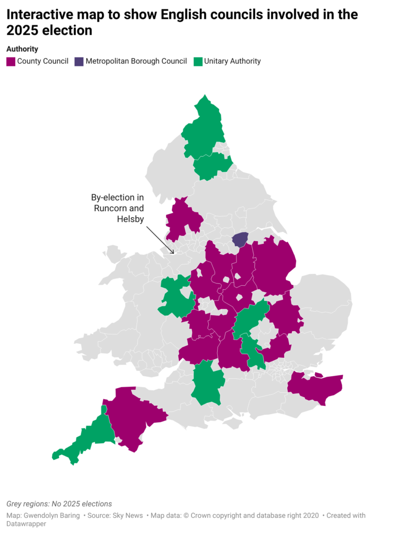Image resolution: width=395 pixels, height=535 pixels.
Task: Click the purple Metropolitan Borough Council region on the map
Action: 240,239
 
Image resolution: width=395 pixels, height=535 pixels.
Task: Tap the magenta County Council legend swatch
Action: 10,62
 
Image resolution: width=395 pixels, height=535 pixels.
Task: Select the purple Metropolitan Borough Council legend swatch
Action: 78,62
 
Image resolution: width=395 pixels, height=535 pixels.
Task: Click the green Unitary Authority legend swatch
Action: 197,62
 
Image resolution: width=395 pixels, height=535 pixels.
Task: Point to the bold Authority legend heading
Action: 22,49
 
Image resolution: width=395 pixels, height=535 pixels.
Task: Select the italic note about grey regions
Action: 59,504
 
